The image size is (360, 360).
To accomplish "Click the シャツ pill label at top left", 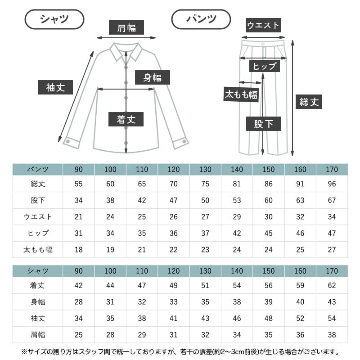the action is (54, 19).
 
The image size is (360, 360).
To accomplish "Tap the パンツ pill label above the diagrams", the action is (201, 19).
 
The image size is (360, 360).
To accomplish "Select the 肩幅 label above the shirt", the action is (126, 27).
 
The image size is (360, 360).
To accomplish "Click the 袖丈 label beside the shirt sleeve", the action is (55, 87).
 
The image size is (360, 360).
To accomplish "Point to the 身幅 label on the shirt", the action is (153, 77).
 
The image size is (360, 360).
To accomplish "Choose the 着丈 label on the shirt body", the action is (126, 119).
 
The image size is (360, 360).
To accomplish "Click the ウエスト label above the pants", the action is (263, 25).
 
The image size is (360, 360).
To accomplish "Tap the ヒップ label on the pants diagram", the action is (265, 66).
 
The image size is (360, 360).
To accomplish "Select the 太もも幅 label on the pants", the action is (241, 94).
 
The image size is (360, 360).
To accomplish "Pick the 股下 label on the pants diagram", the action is (264, 124).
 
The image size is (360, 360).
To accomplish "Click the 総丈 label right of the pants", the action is (309, 102).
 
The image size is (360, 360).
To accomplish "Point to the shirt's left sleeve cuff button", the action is (68, 141).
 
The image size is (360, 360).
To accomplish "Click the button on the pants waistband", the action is (263, 44).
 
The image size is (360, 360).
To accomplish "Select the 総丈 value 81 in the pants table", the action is (237, 184).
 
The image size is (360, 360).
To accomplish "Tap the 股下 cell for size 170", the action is (332, 200).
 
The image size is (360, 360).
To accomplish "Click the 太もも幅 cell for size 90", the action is (78, 250).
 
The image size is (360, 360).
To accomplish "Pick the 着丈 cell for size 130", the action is (205, 285).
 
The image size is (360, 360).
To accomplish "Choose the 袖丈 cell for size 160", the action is (300, 318).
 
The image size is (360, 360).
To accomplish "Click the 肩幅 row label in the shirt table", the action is (38, 335).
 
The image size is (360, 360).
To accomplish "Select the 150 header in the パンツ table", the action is (268, 170).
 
